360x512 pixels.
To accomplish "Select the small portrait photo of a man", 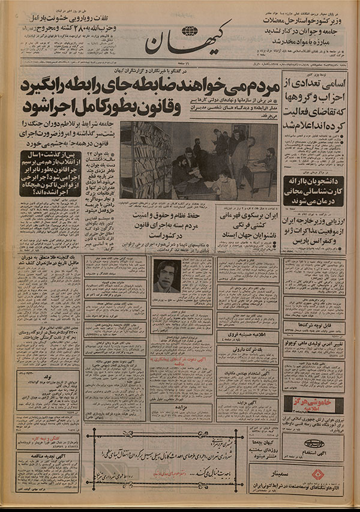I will point(166,276).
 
